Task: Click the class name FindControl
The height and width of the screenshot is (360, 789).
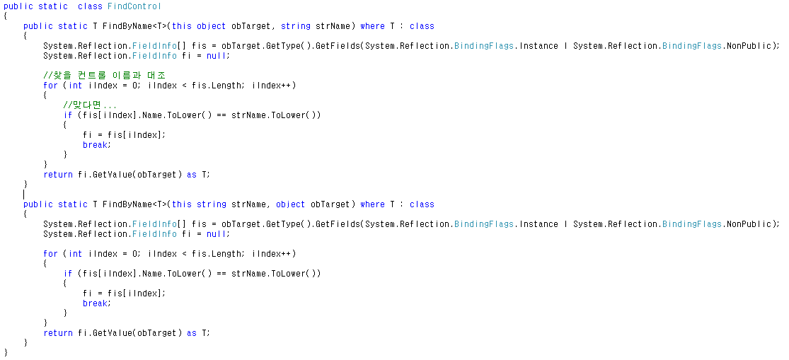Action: (x=134, y=6)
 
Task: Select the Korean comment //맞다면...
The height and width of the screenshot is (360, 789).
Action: (x=90, y=105)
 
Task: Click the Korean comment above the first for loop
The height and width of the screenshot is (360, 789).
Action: (x=104, y=76)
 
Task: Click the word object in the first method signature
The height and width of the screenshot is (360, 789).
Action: (x=211, y=26)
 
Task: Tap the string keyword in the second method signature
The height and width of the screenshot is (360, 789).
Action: (x=211, y=204)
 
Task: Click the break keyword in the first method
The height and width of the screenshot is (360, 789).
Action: (x=96, y=145)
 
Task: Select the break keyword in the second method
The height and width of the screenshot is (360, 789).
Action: (x=96, y=303)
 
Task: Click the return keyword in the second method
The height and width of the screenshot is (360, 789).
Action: (x=58, y=333)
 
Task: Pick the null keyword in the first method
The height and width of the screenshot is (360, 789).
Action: (x=218, y=56)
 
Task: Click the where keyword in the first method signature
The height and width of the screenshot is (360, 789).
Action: (x=372, y=26)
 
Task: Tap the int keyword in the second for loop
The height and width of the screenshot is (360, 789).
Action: (x=75, y=254)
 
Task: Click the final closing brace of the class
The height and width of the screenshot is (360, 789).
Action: (x=6, y=352)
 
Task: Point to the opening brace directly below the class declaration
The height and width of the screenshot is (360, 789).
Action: (x=6, y=16)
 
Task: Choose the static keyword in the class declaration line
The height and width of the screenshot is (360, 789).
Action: (x=53, y=6)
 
